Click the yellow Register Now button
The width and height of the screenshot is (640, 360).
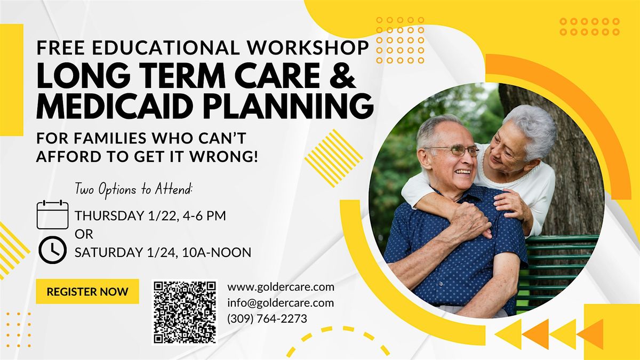[x=87, y=292]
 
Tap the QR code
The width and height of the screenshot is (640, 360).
[x=185, y=312]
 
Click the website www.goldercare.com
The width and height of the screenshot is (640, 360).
[x=281, y=287]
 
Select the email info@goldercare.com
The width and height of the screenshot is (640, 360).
[x=281, y=303]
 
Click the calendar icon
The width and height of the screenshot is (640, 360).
[x=52, y=214]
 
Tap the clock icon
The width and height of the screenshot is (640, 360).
[x=52, y=250]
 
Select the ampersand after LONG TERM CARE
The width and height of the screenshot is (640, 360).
[x=342, y=77]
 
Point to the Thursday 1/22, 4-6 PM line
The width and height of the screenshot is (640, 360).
[x=150, y=216]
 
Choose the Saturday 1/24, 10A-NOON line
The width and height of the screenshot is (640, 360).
[x=163, y=252]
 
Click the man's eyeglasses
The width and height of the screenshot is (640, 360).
[x=453, y=150]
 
